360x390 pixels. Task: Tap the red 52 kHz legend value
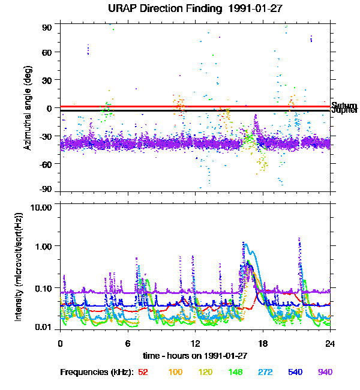(x=143, y=373)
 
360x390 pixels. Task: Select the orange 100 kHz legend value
(x=175, y=373)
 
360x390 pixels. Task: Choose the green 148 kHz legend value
(x=236, y=373)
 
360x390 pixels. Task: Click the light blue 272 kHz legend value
(x=265, y=373)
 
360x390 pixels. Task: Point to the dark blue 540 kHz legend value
(x=295, y=373)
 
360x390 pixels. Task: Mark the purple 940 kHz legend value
(x=325, y=373)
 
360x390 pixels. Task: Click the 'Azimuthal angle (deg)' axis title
(x=28, y=108)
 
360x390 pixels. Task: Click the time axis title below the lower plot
(x=195, y=355)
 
